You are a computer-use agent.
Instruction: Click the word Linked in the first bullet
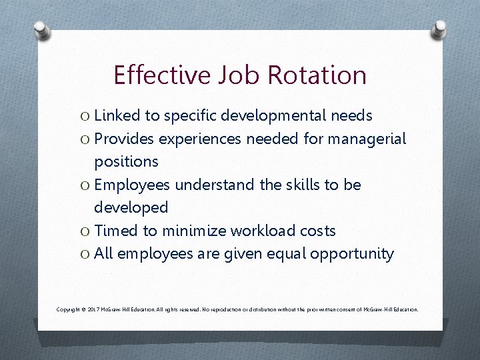point(116,116)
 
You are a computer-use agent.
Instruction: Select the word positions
point(126,161)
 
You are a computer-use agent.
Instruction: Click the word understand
point(207,185)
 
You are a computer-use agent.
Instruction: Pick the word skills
point(297,185)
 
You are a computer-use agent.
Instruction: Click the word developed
point(131,207)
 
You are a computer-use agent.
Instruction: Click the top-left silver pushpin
point(41,29)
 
